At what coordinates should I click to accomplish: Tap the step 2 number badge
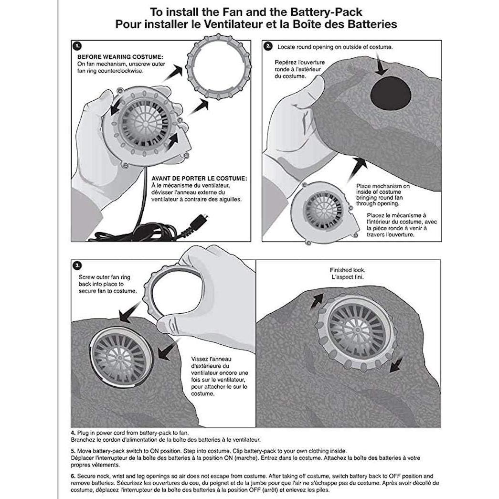coord(268,46)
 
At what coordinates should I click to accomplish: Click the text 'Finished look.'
coord(348,270)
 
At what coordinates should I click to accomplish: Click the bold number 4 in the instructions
coord(73,433)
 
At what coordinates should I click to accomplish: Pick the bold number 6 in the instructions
coord(73,476)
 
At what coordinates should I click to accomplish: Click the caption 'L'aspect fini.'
coord(348,277)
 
